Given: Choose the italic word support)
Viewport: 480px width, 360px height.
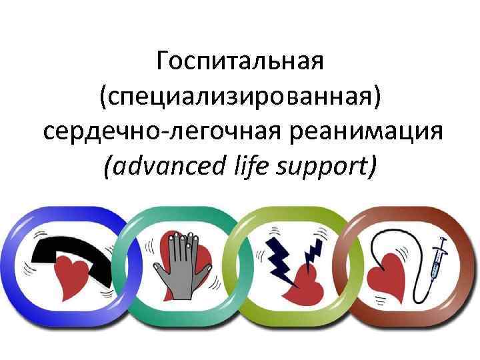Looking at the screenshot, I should pos(321,163).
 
